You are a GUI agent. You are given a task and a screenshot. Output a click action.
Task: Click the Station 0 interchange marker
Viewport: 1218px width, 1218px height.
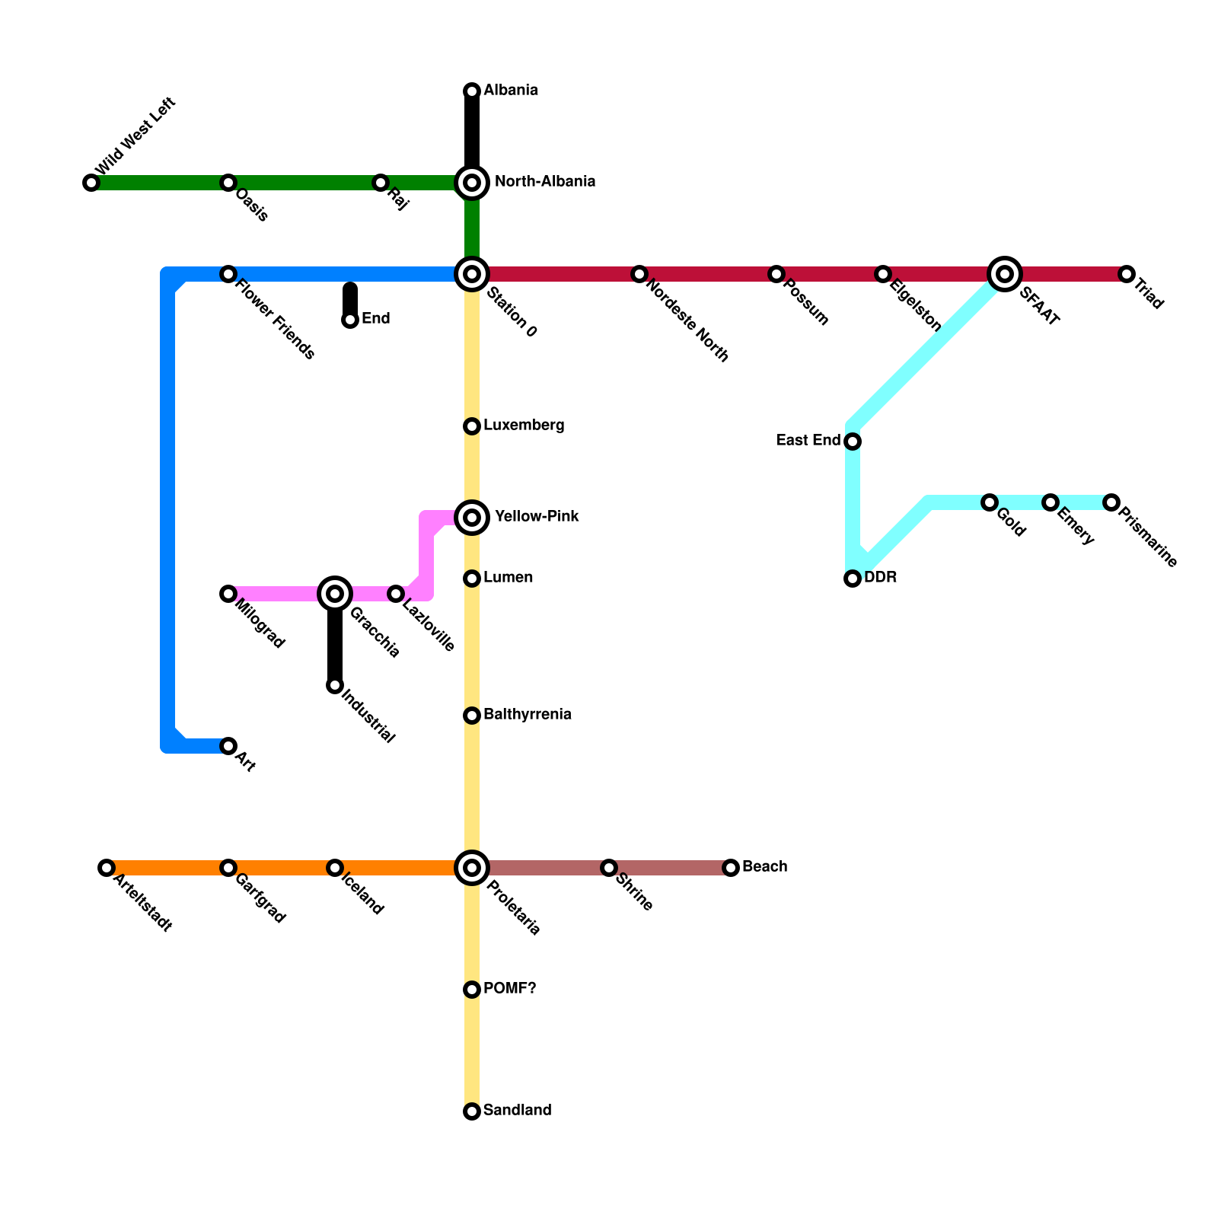point(472,274)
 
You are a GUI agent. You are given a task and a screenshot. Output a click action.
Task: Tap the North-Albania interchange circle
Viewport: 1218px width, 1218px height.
point(472,183)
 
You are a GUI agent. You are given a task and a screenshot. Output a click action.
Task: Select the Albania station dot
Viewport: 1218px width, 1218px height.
point(472,91)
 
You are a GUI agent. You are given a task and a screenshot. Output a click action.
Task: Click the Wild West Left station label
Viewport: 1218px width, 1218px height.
point(136,136)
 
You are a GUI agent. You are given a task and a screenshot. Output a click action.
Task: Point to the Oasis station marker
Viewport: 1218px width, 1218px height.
point(228,183)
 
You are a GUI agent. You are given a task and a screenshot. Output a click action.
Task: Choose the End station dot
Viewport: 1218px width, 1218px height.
point(350,320)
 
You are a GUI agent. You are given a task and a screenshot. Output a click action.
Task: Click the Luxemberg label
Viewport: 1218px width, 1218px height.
point(524,426)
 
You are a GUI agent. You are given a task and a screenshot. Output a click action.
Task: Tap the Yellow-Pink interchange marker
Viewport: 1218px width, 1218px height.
point(472,518)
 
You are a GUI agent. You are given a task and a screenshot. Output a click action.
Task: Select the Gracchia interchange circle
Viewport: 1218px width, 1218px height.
point(335,594)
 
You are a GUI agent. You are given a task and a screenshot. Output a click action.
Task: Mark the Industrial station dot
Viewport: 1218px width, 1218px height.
point(335,685)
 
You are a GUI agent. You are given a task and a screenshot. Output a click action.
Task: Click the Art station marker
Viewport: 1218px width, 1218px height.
point(228,746)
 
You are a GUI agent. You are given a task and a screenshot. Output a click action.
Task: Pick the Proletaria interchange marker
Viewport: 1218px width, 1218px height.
point(472,868)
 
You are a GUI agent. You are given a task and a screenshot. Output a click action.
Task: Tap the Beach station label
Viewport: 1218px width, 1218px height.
point(764,867)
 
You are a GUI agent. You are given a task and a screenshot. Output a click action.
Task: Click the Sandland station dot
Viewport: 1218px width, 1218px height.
point(472,1111)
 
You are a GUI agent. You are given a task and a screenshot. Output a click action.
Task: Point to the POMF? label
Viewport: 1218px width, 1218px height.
point(509,989)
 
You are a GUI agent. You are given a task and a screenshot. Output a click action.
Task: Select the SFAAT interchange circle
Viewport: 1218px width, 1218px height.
point(1005,274)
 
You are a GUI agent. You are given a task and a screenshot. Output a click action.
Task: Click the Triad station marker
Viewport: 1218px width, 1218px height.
point(1127,274)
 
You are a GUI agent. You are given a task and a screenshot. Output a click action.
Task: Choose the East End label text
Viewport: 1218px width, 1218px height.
point(808,441)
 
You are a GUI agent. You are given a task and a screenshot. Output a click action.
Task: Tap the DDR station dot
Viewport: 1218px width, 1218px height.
point(853,579)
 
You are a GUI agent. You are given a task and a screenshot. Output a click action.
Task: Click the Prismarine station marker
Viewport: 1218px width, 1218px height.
point(1111,502)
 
